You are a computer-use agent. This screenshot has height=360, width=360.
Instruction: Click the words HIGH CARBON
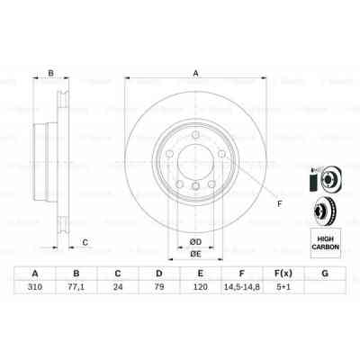[x=325, y=240]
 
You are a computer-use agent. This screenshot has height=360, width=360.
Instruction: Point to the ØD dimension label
[x=194, y=239]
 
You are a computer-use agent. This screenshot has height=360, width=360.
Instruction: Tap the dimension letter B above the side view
[x=51, y=74]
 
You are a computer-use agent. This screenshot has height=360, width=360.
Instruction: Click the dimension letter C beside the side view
[x=85, y=241]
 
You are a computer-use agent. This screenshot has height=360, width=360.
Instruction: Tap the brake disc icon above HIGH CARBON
[x=325, y=212]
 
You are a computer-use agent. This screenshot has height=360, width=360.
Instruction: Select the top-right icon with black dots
[x=325, y=179]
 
